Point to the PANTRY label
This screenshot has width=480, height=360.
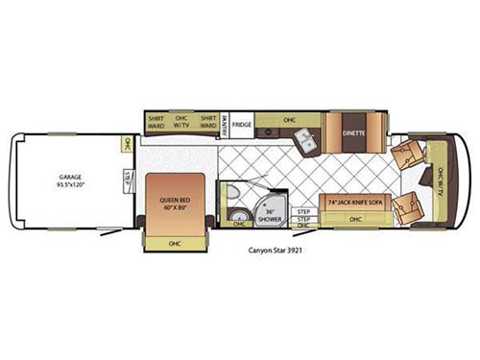[224, 125]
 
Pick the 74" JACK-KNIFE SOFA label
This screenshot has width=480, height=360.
[354, 204]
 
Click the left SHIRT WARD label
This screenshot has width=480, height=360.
[156, 123]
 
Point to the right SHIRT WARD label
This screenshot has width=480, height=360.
[207, 123]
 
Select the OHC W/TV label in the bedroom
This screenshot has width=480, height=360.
[181, 123]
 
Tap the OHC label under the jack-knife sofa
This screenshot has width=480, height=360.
[355, 220]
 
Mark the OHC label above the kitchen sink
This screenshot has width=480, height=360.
[289, 121]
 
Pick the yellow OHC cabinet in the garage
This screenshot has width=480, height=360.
[126, 146]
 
